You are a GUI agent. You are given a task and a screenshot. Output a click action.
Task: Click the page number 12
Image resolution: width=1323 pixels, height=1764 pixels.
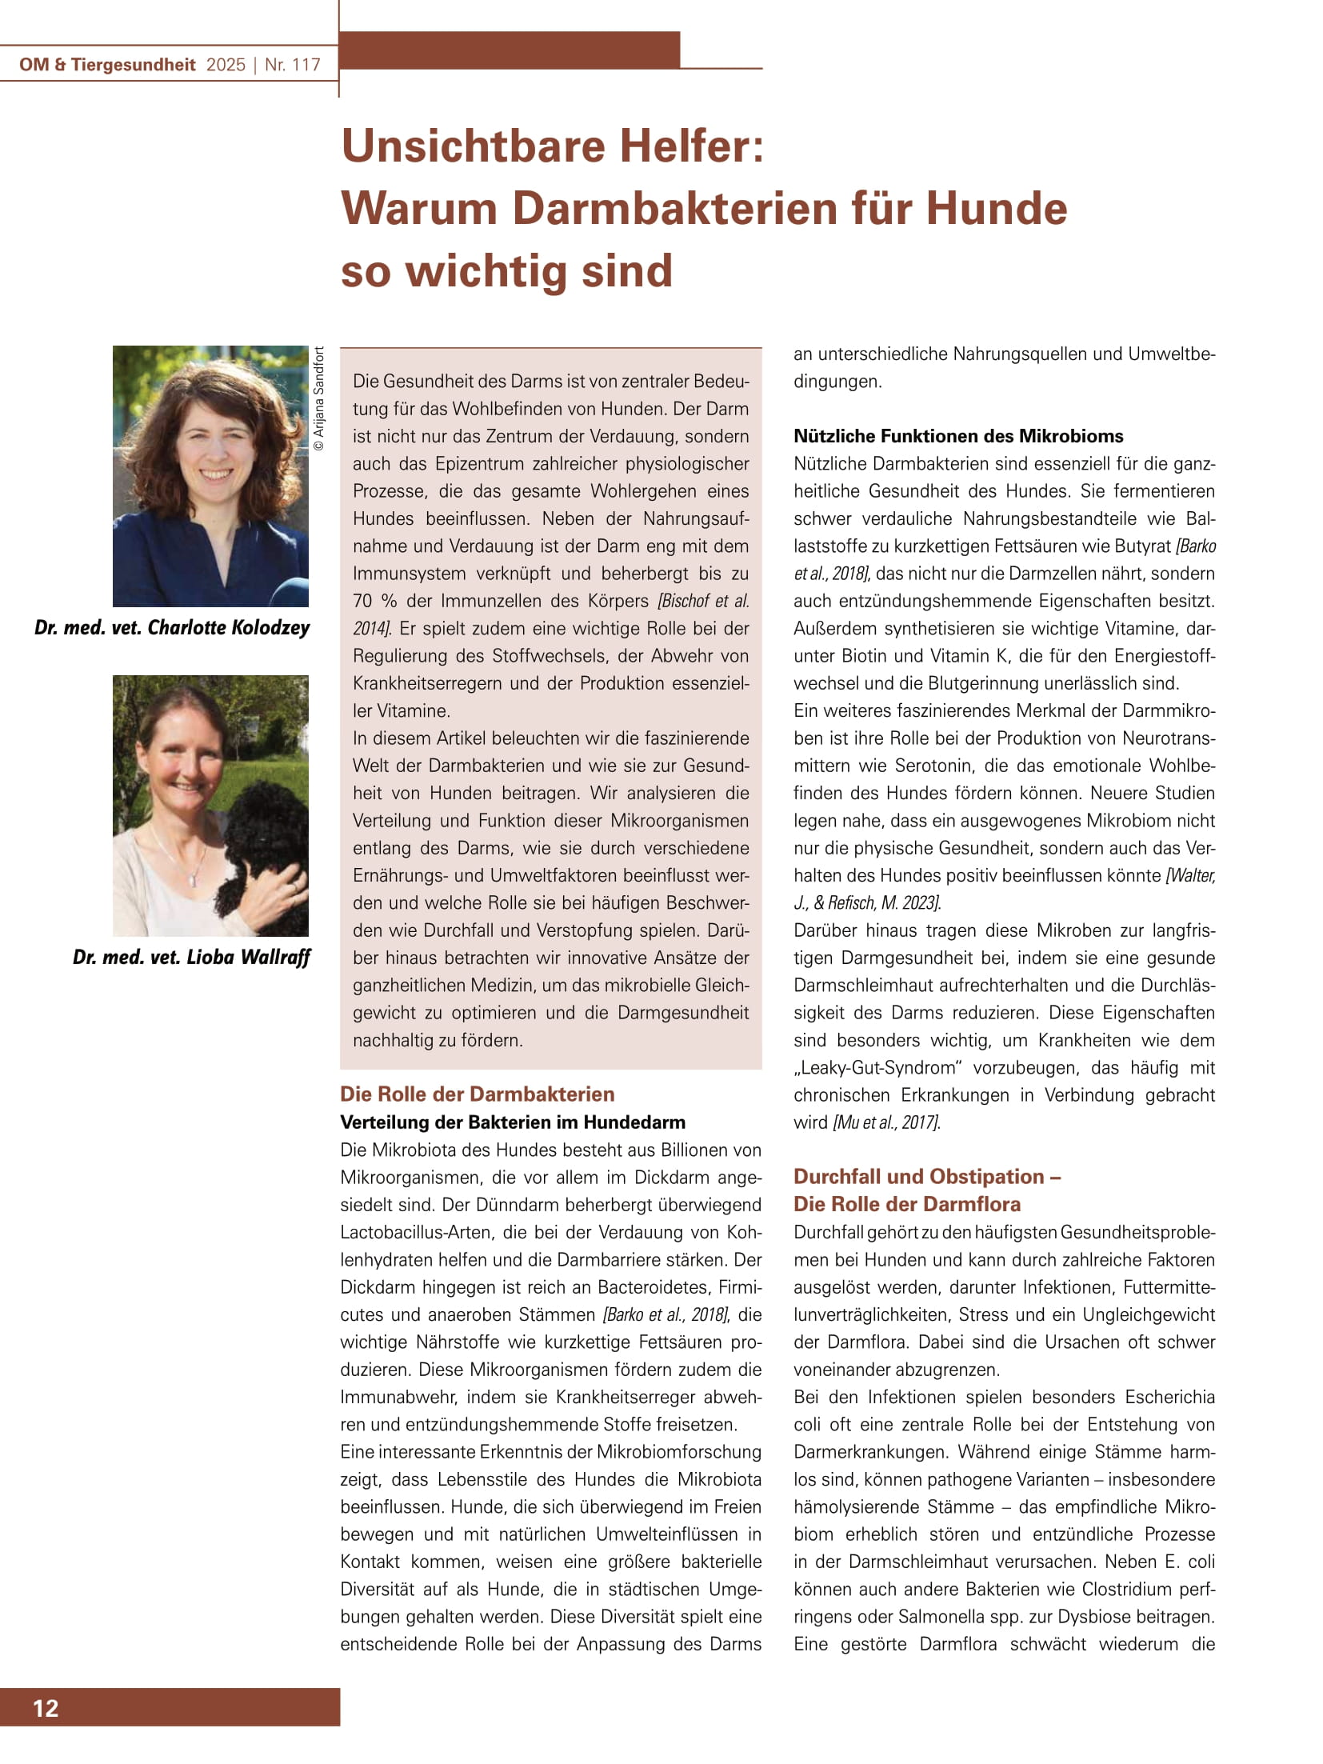(x=46, y=1708)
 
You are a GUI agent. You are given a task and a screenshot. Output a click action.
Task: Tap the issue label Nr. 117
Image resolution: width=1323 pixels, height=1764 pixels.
(x=292, y=65)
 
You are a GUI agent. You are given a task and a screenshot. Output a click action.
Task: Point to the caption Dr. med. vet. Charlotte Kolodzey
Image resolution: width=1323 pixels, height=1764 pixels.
(x=171, y=627)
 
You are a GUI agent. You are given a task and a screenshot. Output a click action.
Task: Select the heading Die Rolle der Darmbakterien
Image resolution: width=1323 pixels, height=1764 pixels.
(x=477, y=1094)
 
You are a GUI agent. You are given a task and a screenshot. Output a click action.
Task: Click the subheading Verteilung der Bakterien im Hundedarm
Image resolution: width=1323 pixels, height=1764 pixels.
(x=513, y=1122)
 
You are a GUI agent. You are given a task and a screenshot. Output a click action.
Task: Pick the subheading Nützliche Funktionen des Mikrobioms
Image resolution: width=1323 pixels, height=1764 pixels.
(x=957, y=436)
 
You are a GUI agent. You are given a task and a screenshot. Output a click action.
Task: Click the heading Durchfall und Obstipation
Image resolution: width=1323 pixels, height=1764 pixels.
(x=926, y=1176)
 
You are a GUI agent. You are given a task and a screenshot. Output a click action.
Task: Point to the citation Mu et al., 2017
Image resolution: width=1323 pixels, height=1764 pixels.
(x=886, y=1122)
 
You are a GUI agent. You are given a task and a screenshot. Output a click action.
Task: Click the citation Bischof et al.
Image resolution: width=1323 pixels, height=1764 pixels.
(x=703, y=601)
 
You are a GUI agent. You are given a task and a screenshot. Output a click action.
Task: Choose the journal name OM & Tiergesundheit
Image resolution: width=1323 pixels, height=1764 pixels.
(x=107, y=65)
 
